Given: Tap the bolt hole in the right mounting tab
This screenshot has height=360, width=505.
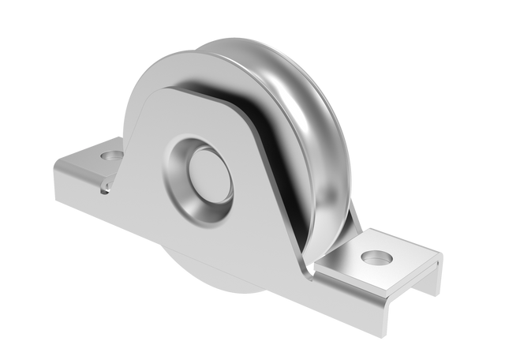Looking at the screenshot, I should pyautogui.click(x=378, y=258).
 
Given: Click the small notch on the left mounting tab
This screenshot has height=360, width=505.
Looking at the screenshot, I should pyautogui.click(x=103, y=187).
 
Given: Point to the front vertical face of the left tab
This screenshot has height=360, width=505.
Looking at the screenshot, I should pyautogui.click(x=79, y=189).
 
